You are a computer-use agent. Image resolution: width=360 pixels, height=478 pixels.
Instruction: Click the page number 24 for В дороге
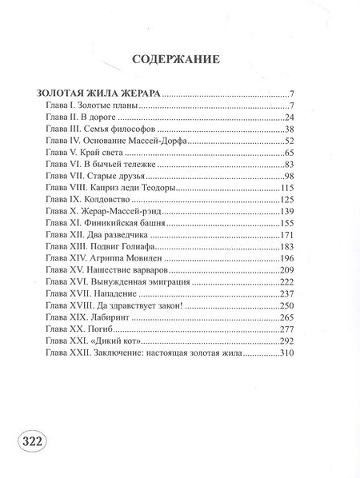click(x=291, y=118)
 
